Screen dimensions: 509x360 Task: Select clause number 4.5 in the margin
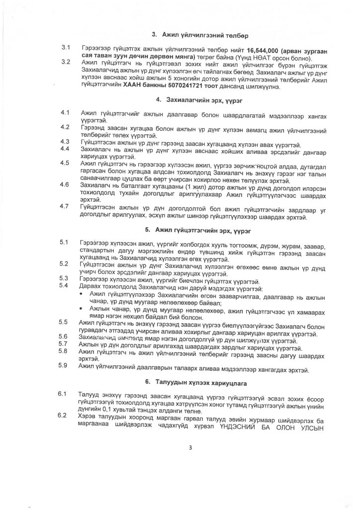coord(65,163)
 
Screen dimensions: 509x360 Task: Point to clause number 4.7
coord(65,206)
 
